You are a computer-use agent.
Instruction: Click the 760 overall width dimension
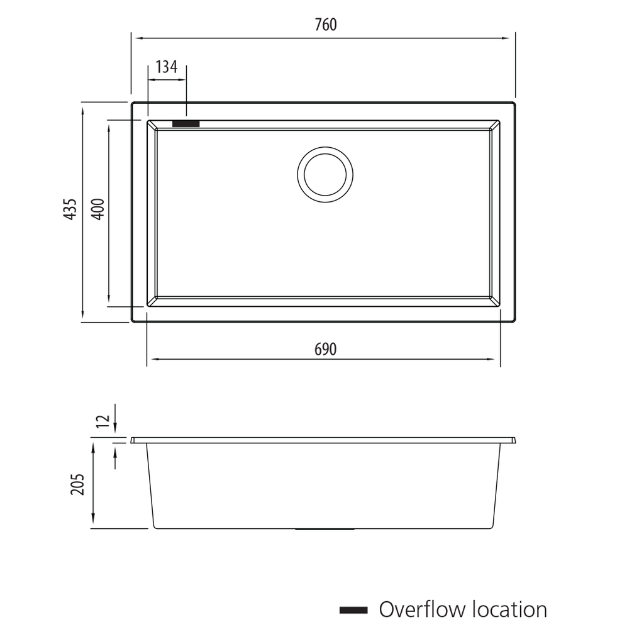pyautogui.click(x=325, y=25)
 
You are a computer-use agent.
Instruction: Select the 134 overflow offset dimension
pyautogui.click(x=166, y=67)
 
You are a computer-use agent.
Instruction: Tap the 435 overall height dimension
pyautogui.click(x=71, y=209)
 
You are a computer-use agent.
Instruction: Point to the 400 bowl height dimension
pyautogui.click(x=97, y=209)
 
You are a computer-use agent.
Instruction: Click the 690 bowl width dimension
pyautogui.click(x=325, y=349)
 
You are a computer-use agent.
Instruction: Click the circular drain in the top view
pyautogui.click(x=325, y=174)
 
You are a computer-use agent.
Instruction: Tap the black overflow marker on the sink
pyautogui.click(x=186, y=123)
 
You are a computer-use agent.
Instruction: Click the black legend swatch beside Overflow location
pyautogui.click(x=353, y=610)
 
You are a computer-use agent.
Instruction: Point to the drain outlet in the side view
pyautogui.click(x=325, y=530)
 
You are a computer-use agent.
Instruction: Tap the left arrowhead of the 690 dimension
pyautogui.click(x=152, y=359)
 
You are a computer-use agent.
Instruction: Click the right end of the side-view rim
pyautogui.click(x=514, y=440)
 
